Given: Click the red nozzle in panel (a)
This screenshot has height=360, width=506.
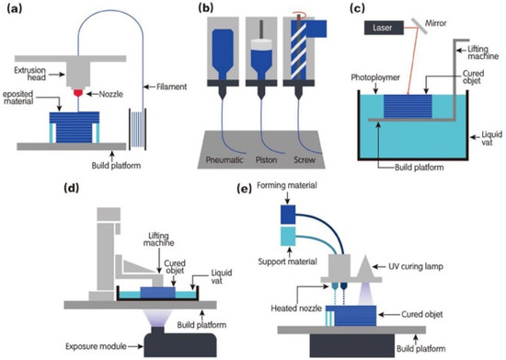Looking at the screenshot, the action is tap(78, 93).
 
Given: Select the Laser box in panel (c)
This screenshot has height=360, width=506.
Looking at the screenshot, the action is tap(384, 28).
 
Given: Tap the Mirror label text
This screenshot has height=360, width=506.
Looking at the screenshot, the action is tap(436, 23).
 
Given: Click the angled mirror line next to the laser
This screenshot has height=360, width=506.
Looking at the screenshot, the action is tap(420, 26).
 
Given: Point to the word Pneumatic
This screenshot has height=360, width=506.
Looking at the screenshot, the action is tap(224, 160).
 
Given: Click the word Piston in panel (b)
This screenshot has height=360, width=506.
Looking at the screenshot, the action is tap(266, 160).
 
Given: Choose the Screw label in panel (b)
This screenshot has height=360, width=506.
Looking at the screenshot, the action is tap(305, 160).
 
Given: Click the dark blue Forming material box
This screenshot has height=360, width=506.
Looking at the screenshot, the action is tap(288, 215).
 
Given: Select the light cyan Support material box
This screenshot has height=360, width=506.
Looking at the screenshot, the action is tap(288, 237).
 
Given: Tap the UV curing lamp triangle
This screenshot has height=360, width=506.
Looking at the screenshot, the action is tap(366, 267).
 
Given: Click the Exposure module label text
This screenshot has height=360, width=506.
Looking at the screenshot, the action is tap(96, 346).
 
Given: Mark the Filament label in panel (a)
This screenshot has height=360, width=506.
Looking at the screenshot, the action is tap(171, 87).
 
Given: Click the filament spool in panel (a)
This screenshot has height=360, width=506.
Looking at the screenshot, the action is tap(137, 129).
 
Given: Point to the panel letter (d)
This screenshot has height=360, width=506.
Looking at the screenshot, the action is tap(72, 188).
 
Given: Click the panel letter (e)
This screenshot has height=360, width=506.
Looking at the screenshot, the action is tap(245, 189).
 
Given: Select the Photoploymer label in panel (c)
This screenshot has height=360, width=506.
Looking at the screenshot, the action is tap(375, 77).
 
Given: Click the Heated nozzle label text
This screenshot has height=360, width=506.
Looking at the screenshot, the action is tap(296, 308).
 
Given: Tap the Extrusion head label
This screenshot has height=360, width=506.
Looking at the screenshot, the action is tap(29, 74).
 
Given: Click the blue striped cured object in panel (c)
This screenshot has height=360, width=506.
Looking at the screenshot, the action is tap(408, 106).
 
